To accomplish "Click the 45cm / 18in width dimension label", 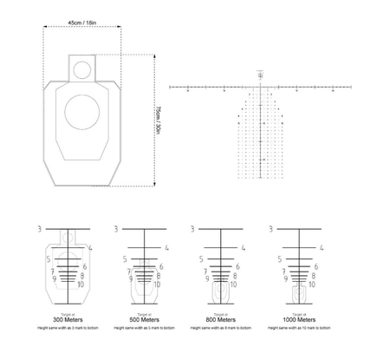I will point(82,23).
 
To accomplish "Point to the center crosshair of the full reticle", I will point(261,88).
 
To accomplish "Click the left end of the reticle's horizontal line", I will point(171,88).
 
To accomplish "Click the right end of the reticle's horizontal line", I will point(352,88).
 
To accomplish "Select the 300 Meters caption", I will point(67,320).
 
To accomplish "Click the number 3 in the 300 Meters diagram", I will point(40,229).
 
